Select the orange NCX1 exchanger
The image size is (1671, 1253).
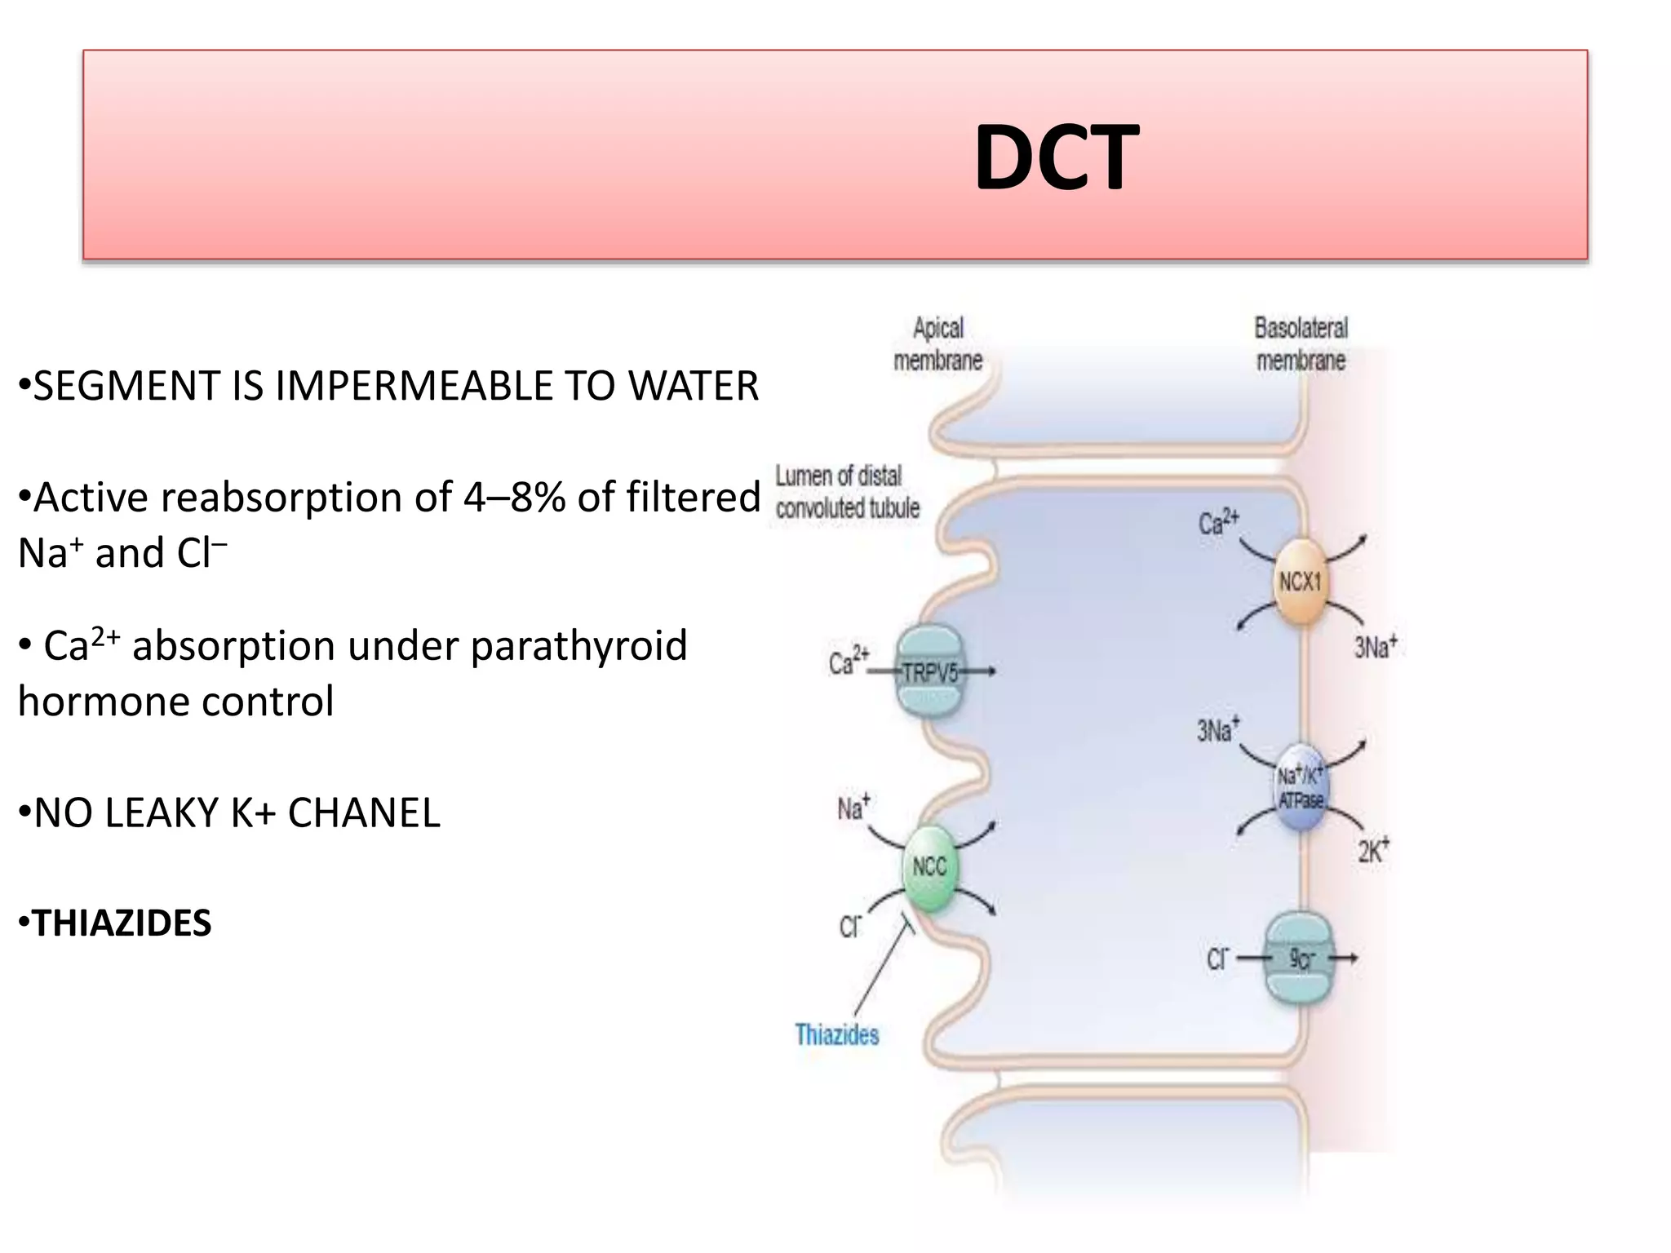(1300, 582)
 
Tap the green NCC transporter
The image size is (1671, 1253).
(929, 867)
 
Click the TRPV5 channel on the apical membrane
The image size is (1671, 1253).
(929, 672)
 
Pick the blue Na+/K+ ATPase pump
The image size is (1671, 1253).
(1301, 788)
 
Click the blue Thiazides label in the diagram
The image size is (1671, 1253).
(837, 1035)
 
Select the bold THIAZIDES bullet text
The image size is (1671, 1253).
(122, 923)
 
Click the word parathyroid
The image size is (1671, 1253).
(578, 646)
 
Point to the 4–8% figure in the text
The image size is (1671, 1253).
(515, 497)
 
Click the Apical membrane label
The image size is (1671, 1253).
(937, 344)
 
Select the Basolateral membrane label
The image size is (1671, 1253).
(1301, 344)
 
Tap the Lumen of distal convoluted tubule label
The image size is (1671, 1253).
(847, 492)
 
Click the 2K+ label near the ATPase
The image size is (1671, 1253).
(1373, 852)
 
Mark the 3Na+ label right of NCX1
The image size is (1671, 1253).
(1376, 648)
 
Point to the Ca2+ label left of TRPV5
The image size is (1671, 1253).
(849, 662)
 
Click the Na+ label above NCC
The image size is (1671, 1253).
(853, 808)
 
